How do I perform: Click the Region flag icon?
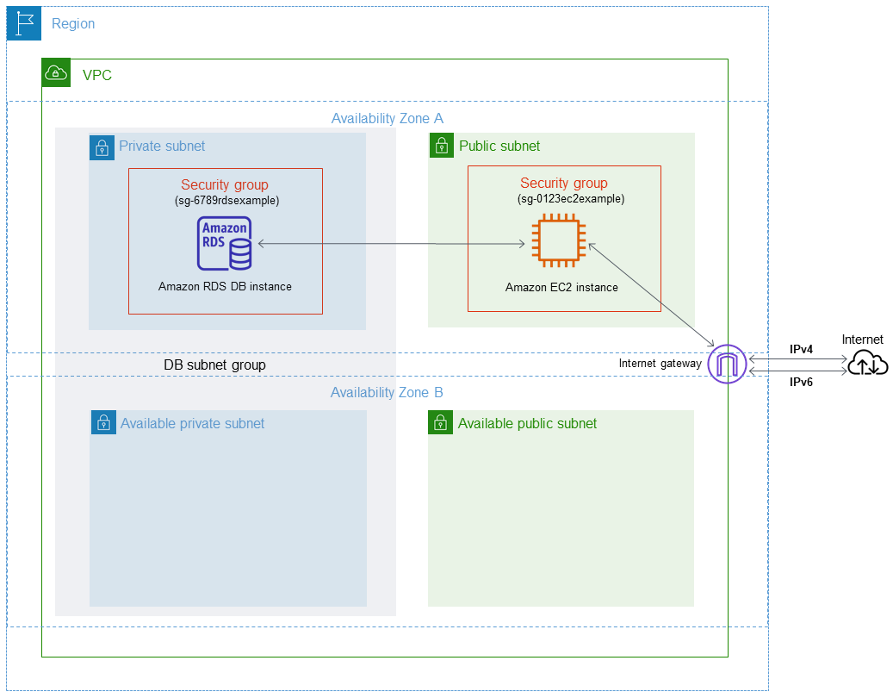point(24,23)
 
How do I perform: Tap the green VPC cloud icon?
point(57,74)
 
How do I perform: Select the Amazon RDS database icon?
point(225,243)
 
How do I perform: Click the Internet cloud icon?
point(866,365)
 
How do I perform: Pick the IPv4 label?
point(803,349)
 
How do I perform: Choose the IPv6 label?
point(803,382)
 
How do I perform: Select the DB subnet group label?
point(214,365)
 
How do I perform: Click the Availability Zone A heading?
point(388,118)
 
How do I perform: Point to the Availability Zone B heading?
point(388,393)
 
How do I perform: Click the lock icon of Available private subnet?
point(103,422)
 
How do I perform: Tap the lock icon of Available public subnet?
point(441,422)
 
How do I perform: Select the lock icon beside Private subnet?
point(102,146)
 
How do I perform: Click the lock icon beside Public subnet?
point(441,146)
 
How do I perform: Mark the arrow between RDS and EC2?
point(392,245)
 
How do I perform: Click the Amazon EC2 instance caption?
point(561,288)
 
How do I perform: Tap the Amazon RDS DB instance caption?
point(225,287)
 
